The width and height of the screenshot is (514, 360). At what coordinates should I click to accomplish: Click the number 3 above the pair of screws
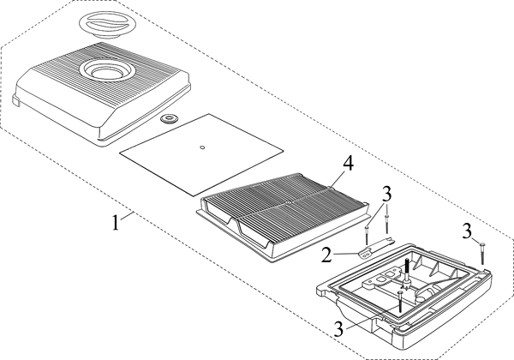[x=386, y=192]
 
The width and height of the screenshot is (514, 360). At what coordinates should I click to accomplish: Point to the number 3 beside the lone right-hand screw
[x=467, y=229]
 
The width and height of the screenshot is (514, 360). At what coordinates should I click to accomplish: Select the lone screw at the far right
[x=483, y=250]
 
